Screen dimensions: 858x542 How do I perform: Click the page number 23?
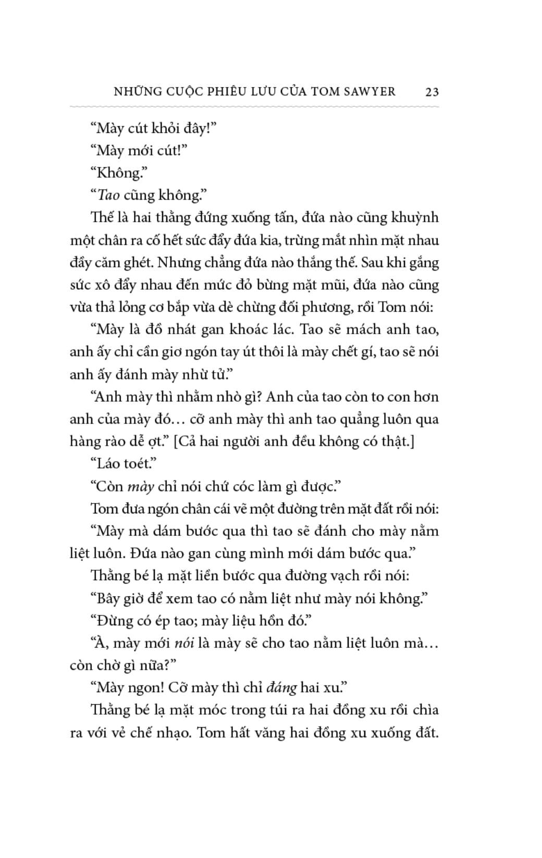point(432,92)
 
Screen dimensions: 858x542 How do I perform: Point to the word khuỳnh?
point(414,218)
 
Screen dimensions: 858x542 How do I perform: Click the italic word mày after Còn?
point(140,487)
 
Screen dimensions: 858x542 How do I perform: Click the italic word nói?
point(184,643)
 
